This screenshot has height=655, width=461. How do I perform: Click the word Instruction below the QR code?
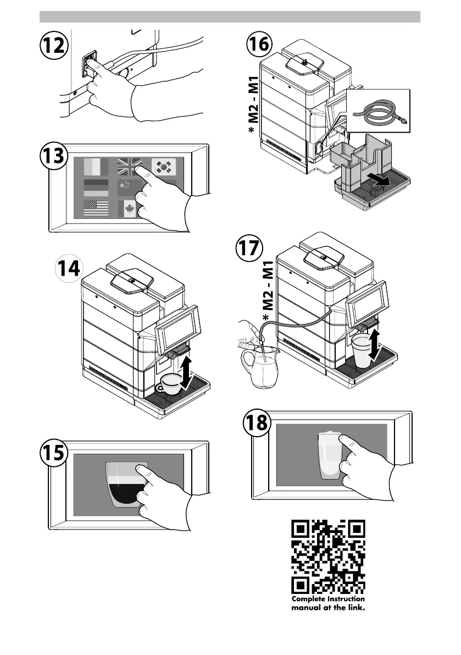pyautogui.click(x=346, y=599)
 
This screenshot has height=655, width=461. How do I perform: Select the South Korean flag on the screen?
pyautogui.click(x=164, y=167)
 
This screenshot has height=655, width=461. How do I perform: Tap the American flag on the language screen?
pyautogui.click(x=96, y=208)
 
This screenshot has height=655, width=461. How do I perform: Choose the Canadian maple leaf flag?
pyautogui.click(x=129, y=209)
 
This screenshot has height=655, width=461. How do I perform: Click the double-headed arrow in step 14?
pyautogui.click(x=187, y=372)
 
